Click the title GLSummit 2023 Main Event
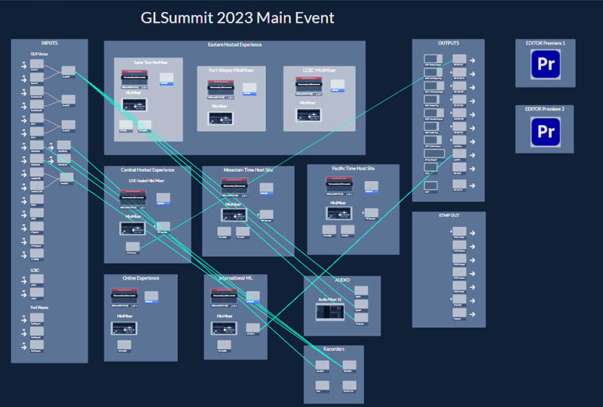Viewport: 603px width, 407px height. click(237, 17)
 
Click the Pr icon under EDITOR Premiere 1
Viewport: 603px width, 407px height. click(547, 65)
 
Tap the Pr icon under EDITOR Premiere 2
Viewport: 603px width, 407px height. click(547, 132)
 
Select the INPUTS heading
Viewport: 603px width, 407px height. click(50, 44)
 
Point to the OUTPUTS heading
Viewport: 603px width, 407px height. click(448, 44)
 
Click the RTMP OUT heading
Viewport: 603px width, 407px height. click(448, 216)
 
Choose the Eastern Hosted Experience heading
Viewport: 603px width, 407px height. click(234, 45)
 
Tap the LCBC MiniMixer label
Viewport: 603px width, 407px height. click(320, 71)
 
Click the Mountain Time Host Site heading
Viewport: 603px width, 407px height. click(248, 171)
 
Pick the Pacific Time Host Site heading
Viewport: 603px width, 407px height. click(353, 169)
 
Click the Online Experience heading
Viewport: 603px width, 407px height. click(141, 279)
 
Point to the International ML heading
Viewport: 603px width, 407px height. click(235, 279)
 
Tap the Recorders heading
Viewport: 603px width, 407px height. click(333, 350)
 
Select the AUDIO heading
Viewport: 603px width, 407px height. click(342, 280)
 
